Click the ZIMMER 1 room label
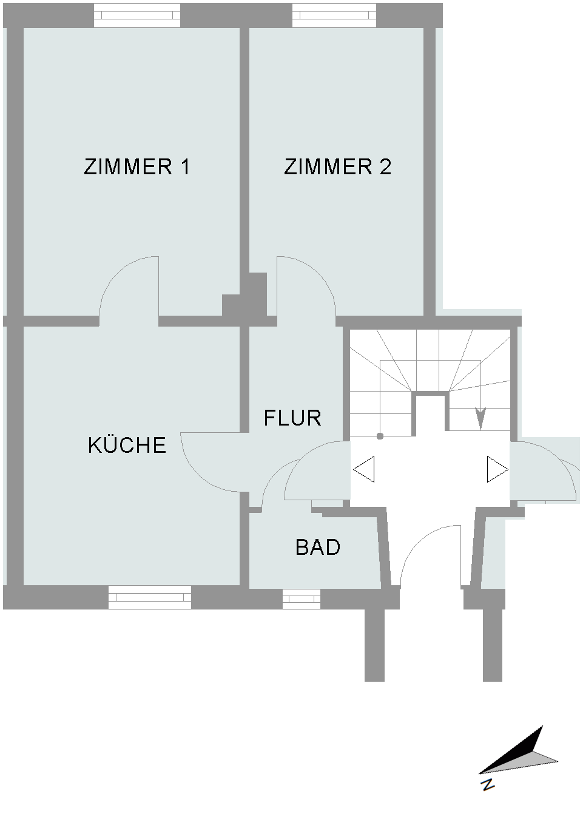(137, 166)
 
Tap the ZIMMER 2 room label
(337, 166)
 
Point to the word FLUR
(292, 418)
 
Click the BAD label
(318, 547)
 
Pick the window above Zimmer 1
(137, 15)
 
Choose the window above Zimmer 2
(334, 15)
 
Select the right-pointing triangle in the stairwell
(497, 469)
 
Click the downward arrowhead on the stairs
(480, 418)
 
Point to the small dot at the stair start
(380, 436)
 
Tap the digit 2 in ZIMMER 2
(385, 166)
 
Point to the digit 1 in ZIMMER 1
(185, 166)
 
